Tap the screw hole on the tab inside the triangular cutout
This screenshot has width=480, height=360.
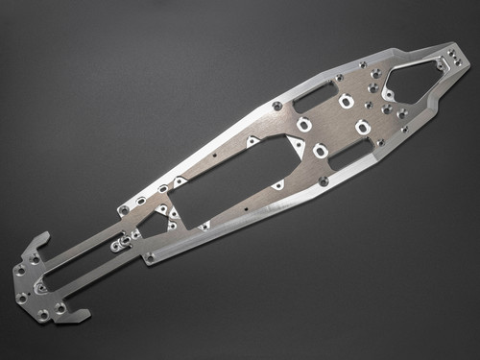389,95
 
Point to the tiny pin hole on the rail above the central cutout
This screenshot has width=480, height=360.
215,153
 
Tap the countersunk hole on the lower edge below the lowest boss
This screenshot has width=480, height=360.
324,180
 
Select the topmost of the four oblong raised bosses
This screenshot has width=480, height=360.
346,102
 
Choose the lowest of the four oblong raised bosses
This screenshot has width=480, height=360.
320,150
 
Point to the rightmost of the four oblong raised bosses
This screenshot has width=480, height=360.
362,127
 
